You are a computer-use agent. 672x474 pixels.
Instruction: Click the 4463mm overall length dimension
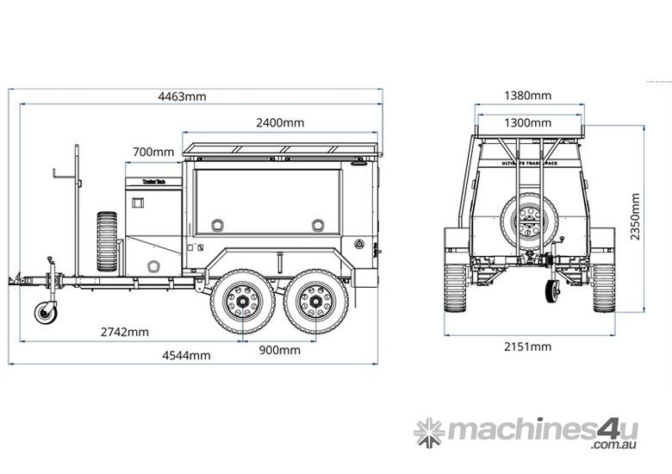pos(182,97)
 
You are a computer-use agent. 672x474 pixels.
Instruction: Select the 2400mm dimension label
pos(280,123)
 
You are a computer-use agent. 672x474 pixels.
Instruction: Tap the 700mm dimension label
pos(153,153)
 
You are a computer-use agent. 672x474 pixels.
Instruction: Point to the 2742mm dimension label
pos(124,332)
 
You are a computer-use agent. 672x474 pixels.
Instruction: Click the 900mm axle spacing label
pos(279,349)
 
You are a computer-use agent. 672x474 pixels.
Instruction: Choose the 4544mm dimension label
pos(187,355)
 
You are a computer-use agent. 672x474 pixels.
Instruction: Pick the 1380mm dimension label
pos(527,96)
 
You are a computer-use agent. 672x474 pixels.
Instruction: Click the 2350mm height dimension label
pos(635,216)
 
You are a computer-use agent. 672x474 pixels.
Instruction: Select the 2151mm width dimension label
pos(528,346)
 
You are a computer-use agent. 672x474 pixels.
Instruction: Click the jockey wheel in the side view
pos(46,311)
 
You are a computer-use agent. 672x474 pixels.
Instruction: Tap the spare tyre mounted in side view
pos(107,241)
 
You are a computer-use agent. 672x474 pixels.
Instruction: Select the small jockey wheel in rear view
pos(552,290)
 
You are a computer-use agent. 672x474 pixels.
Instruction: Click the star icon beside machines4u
pos(428,432)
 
